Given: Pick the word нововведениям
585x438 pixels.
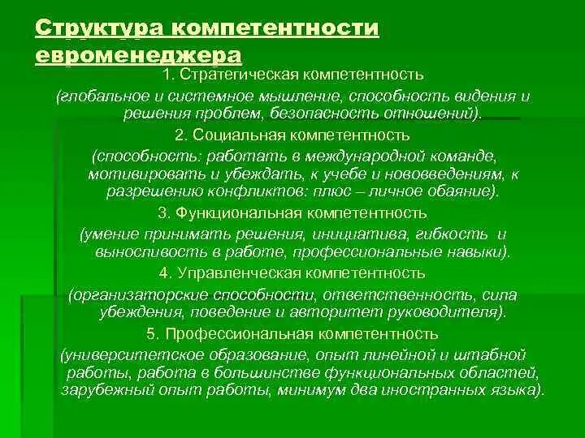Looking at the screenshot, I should (x=434, y=174).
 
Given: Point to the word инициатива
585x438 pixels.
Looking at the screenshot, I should (x=349, y=234).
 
